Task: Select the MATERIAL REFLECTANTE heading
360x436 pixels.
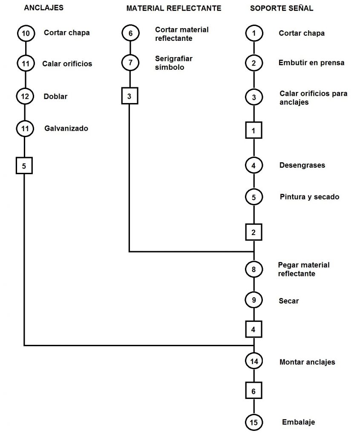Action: pyautogui.click(x=173, y=8)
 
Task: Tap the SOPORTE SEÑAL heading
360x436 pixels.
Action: pyautogui.click(x=282, y=8)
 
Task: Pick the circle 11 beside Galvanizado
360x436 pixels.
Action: pyautogui.click(x=25, y=128)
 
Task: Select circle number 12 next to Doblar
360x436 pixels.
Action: pyautogui.click(x=25, y=96)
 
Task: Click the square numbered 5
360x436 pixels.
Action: pyautogui.click(x=24, y=166)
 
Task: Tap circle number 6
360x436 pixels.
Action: pyautogui.click(x=130, y=33)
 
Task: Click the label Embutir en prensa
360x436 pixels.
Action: pyautogui.click(x=311, y=63)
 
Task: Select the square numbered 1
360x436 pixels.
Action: pyautogui.click(x=254, y=130)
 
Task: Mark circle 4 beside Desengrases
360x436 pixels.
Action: pyautogui.click(x=254, y=165)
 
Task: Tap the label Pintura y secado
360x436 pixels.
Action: pyautogui.click(x=309, y=197)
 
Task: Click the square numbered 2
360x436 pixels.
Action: pyautogui.click(x=254, y=232)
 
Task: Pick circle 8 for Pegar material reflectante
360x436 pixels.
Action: pyautogui.click(x=254, y=269)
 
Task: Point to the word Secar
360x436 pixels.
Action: pyautogui.click(x=289, y=301)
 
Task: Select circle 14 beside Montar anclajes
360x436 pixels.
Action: pyautogui.click(x=254, y=362)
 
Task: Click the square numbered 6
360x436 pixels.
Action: pyautogui.click(x=254, y=391)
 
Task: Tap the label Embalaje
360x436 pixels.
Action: pyautogui.click(x=298, y=422)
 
